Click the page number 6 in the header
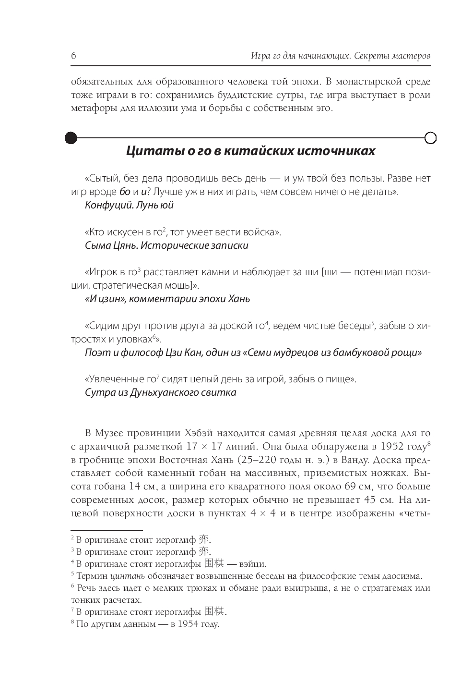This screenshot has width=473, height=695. [73, 56]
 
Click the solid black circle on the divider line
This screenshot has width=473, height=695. [71, 138]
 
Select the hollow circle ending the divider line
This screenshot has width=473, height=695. [430, 138]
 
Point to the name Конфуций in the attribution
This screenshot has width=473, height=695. [106, 206]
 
